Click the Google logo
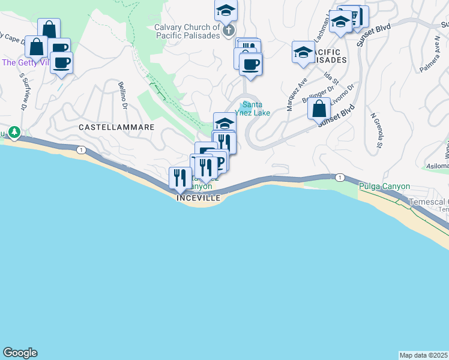[20, 353]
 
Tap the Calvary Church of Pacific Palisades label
[187, 31]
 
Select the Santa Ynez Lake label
[256, 109]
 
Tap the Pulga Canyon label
[384, 186]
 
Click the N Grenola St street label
[376, 130]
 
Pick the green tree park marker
[13, 132]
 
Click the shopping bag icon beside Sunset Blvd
[319, 109]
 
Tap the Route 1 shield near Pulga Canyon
[340, 177]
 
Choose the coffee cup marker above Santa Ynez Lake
[250, 64]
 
